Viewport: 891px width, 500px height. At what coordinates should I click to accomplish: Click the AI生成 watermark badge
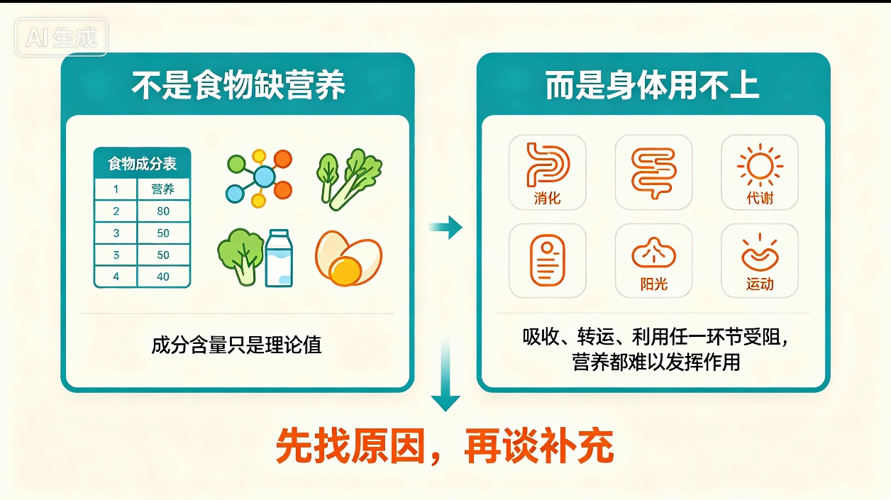coord(61,37)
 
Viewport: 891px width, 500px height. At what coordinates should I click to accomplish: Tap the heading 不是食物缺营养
coord(238,85)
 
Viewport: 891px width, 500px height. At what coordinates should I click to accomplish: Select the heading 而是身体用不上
coord(653,85)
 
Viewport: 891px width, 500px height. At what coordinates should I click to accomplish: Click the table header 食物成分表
coord(142,164)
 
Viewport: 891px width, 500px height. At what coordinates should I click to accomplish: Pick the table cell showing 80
coord(163,211)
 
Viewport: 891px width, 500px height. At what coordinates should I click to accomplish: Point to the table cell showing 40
coord(163,277)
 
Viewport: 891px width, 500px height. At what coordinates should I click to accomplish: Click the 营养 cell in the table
coord(163,189)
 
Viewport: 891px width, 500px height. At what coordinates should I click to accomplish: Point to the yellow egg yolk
coord(345,270)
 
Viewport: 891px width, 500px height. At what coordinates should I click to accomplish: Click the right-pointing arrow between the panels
coord(446,228)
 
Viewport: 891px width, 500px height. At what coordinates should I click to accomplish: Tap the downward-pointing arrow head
coord(445,403)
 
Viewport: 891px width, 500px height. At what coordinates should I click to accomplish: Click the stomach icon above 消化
coord(548,165)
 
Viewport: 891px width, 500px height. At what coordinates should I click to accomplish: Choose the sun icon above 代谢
coord(760,165)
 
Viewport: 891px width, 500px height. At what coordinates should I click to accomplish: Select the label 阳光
coord(654,284)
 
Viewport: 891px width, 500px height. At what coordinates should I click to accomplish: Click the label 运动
coord(760,284)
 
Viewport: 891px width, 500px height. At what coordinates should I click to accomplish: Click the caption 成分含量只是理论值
coord(236,345)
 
